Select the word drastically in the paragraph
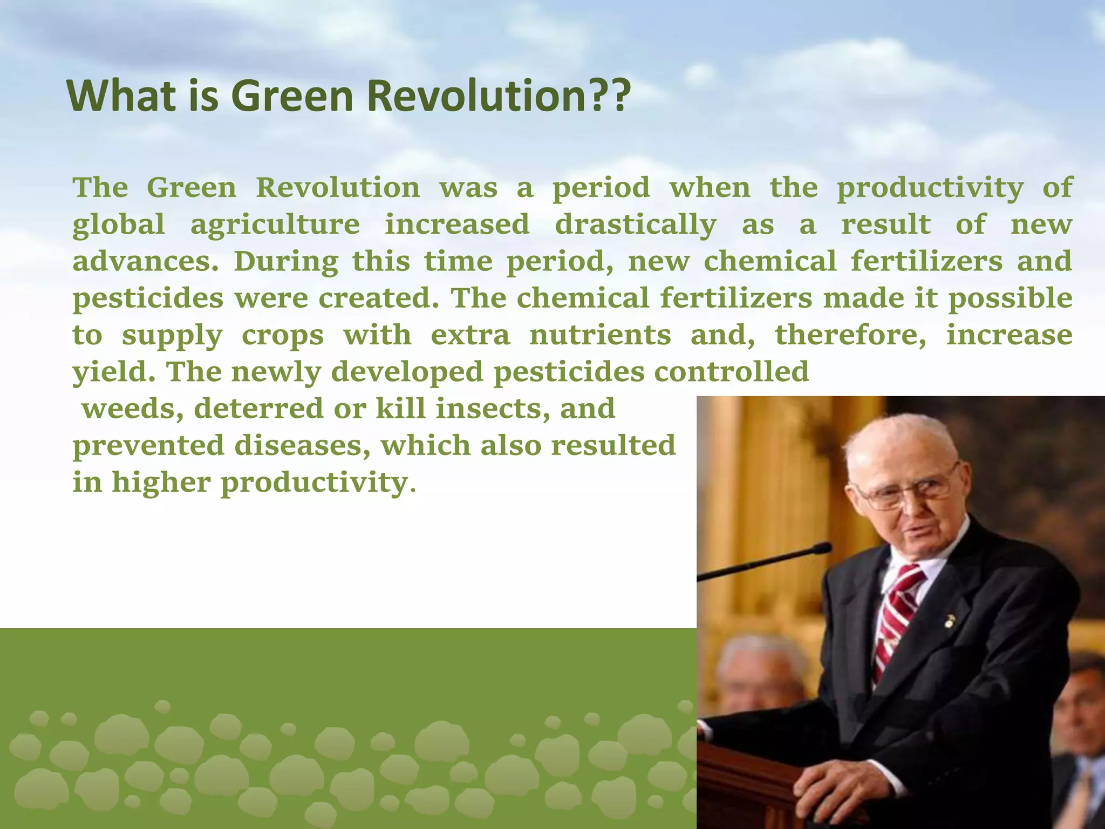coord(636,225)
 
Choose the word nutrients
coord(600,335)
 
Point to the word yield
coord(114,372)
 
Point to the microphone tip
coord(822,549)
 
